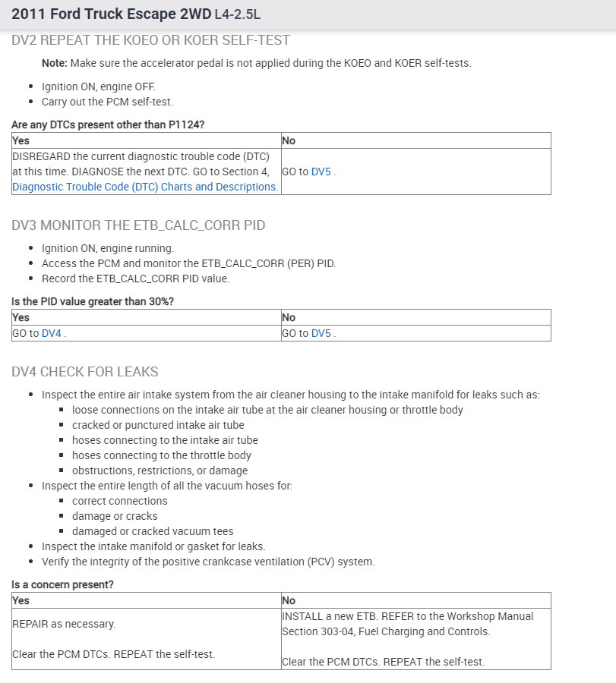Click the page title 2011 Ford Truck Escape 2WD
(x=111, y=14)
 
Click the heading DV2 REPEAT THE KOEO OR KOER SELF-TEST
(x=150, y=40)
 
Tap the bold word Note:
(x=54, y=63)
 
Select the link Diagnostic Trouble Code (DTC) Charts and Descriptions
(x=144, y=187)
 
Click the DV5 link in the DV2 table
(x=322, y=172)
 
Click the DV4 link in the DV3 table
(x=52, y=333)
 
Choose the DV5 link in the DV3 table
(x=322, y=333)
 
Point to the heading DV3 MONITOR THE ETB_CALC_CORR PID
(x=138, y=225)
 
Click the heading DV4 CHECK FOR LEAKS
(x=85, y=372)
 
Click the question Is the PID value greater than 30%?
(x=93, y=302)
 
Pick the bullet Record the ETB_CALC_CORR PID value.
(x=135, y=279)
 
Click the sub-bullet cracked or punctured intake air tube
(x=158, y=425)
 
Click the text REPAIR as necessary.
(x=64, y=624)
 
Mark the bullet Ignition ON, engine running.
(x=108, y=248)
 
